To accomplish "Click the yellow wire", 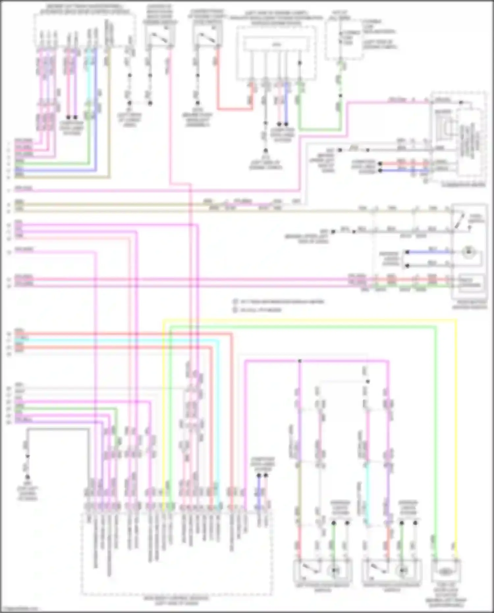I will pos(310,319).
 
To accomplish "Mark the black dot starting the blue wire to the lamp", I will pos(407,253).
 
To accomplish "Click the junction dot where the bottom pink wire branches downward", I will pos(300,361).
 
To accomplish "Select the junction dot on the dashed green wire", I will pos(341,96).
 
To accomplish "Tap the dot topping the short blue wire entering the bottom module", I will pos(259,476).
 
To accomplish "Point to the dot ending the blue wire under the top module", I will pos(286,124).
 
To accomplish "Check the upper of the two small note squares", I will pos(235,301).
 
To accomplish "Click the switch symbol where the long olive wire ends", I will pos(460,222).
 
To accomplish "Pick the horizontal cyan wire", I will pos(115,340).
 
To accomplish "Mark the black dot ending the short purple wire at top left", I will pos(75,117).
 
